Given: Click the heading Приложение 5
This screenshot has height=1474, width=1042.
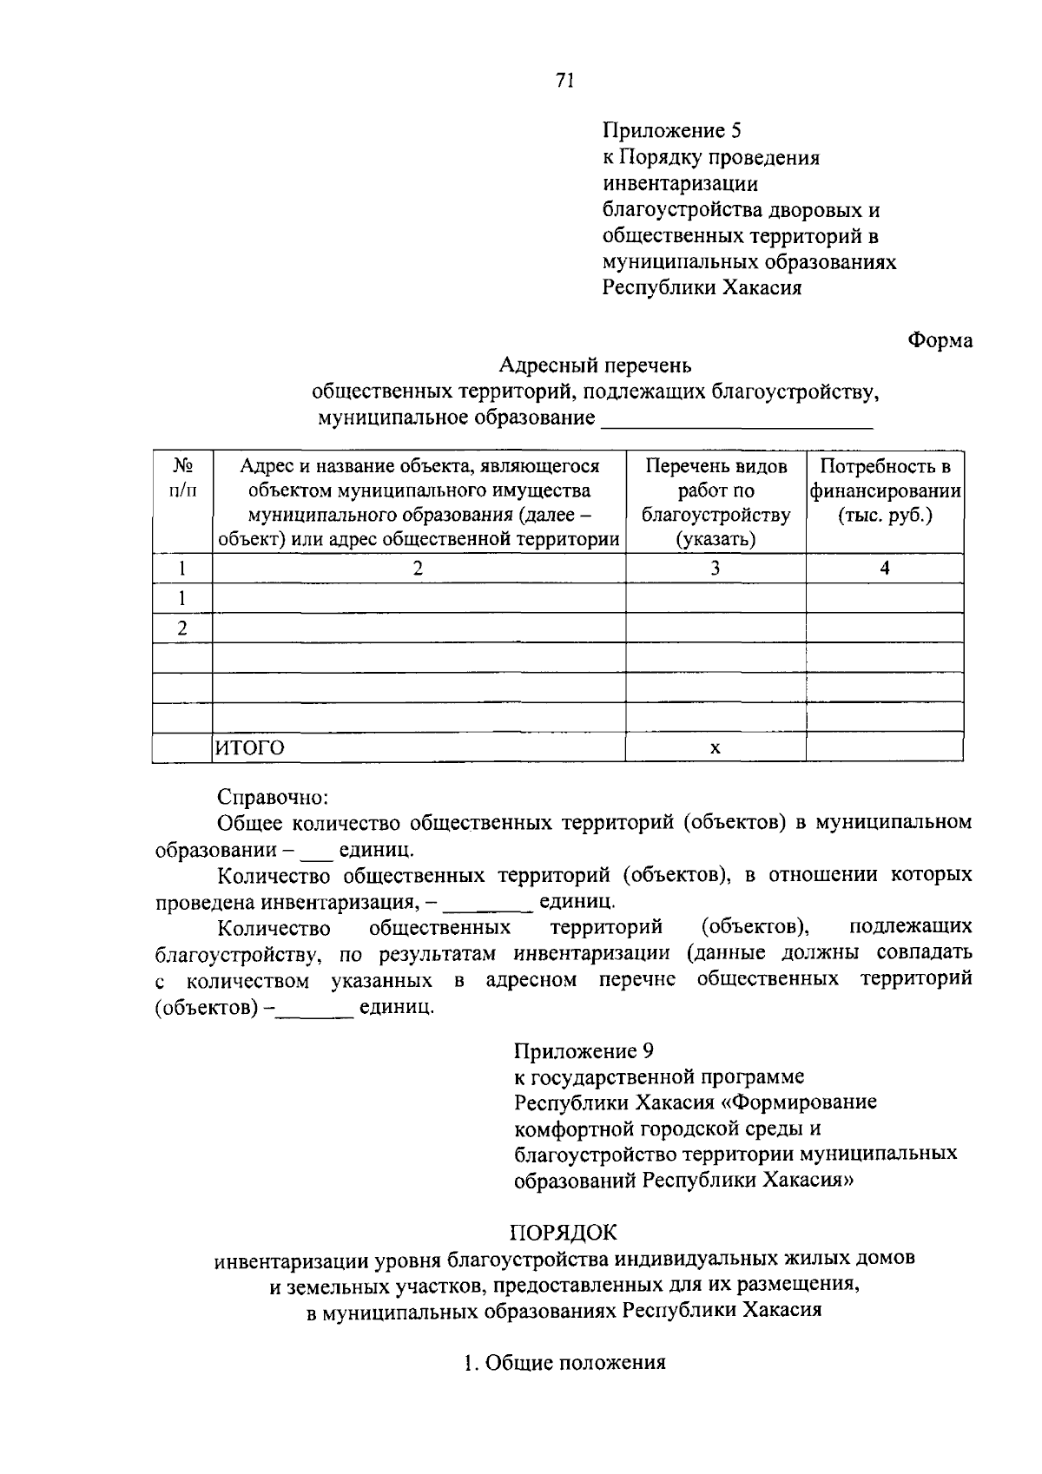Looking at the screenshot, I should pos(673,131).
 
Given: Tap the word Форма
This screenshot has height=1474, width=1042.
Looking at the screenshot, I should pos(940,340).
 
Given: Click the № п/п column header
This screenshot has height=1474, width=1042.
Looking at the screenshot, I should pos(182,478).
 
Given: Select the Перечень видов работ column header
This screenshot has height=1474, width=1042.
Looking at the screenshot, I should pos(716,503).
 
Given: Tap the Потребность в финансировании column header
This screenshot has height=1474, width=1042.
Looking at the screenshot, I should pos(884,490).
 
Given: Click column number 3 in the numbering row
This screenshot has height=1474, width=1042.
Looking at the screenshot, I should pos(715,569).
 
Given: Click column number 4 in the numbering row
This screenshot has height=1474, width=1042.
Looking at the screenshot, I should pos(884,569).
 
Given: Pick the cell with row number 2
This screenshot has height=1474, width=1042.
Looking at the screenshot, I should pos(182,628).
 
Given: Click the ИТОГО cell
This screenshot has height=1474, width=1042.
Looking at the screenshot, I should pos(250,747).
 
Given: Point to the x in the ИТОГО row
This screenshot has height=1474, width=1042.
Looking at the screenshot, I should pos(715,748).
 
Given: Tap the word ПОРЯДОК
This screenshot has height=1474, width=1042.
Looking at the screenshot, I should pos(563,1231).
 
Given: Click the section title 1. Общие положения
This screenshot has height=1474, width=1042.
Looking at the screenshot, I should pos(564,1362).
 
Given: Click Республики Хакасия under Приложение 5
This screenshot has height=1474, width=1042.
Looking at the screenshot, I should pos(702,287).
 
